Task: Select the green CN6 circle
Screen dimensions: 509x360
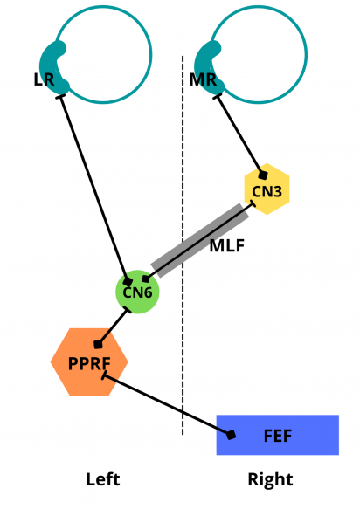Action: [x=137, y=292]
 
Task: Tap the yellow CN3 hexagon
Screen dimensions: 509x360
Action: [x=266, y=189]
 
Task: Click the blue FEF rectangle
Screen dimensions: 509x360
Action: [x=288, y=434]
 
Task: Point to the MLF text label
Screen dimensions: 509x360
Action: [x=225, y=245]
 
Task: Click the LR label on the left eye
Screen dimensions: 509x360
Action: [x=44, y=80]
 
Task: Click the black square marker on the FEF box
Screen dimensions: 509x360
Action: [x=232, y=434]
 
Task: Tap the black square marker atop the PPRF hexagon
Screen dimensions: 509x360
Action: [x=99, y=344]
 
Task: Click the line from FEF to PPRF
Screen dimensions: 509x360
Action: [x=166, y=405]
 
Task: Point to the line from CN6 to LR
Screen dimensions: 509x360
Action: [x=93, y=187]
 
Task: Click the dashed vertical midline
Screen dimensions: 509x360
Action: [x=183, y=349]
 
